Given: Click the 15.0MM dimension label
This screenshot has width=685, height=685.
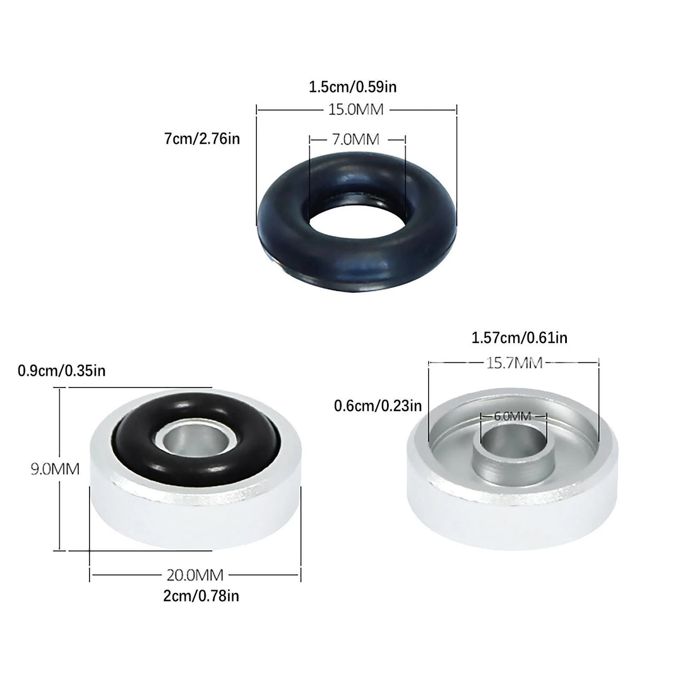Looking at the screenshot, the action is pos(356,110).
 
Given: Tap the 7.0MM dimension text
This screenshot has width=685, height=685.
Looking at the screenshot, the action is pos(356,139).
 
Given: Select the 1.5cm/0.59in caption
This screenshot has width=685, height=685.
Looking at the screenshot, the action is pos(353,87).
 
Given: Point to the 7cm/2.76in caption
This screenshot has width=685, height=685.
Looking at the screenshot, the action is pos(202,139).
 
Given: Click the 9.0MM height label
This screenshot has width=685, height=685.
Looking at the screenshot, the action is pos(55,469).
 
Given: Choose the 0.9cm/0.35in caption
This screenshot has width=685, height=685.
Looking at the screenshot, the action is pos(62,371).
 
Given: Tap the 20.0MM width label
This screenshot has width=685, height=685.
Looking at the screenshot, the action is pos(195,575).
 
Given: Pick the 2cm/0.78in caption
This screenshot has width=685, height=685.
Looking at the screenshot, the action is pos(201,596).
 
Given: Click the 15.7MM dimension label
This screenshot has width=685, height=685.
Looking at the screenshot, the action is pos(514,363).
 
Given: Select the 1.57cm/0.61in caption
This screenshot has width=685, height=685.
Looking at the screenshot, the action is pos(519,338).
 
